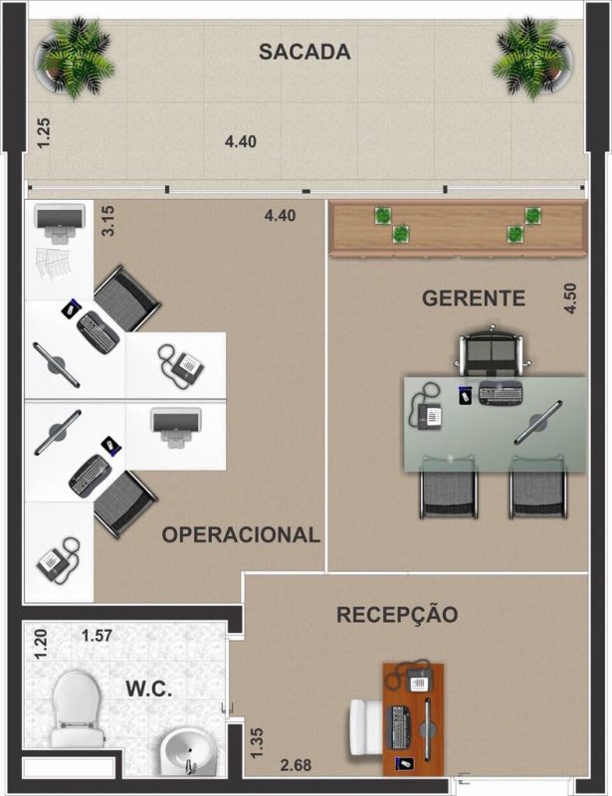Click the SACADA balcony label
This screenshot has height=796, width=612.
click(x=305, y=52)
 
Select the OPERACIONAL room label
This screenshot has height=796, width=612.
click(x=241, y=534)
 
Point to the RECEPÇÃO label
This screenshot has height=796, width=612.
click(x=397, y=615)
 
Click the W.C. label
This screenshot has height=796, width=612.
click(x=149, y=688)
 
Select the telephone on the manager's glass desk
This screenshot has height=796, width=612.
click(x=430, y=413)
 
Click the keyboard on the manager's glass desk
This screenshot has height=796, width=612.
click(x=500, y=394)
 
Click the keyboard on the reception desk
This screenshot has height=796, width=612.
click(x=400, y=727)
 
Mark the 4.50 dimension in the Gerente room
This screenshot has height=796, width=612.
click(x=570, y=298)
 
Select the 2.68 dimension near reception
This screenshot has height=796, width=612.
click(x=296, y=764)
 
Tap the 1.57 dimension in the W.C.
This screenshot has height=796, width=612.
click(x=98, y=635)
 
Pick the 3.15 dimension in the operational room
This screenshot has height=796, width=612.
click(x=109, y=220)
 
